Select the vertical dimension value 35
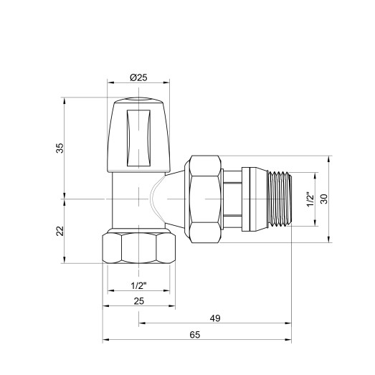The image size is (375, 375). [x=60, y=147]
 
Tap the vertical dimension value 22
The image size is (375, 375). [x=60, y=231]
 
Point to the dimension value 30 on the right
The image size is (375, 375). [x=323, y=199]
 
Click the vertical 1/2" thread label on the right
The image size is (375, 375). [x=309, y=199]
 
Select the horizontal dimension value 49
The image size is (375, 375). [x=216, y=317]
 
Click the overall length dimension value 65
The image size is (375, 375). [x=195, y=335]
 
